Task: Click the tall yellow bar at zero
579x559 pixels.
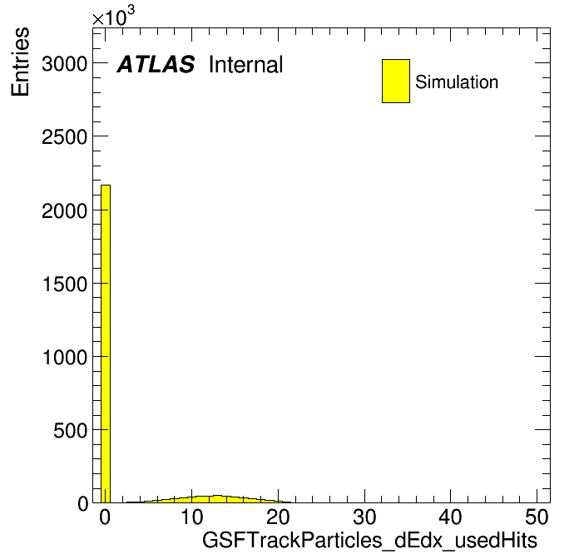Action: click(x=106, y=344)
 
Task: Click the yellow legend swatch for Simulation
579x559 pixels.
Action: click(x=396, y=81)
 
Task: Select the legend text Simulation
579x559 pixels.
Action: click(x=457, y=82)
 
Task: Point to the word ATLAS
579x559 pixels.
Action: click(x=156, y=64)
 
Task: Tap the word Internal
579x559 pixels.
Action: click(x=246, y=64)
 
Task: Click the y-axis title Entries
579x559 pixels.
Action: click(x=20, y=62)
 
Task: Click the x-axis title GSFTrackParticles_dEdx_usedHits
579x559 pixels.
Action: click(x=369, y=540)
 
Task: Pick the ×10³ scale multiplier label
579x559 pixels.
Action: click(x=113, y=17)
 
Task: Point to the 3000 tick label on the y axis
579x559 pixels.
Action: click(x=64, y=63)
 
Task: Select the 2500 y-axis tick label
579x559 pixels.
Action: click(x=64, y=137)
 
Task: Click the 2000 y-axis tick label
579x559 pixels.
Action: click(x=64, y=210)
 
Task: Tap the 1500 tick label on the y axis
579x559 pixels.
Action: click(x=65, y=284)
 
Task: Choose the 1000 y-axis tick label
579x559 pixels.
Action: click(x=65, y=357)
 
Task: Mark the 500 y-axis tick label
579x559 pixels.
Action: click(x=70, y=430)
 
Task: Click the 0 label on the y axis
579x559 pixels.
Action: click(x=83, y=503)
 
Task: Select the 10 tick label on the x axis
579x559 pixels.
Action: click(x=191, y=517)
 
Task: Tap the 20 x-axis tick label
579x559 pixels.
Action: click(x=278, y=517)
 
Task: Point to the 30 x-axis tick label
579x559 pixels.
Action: click(x=364, y=517)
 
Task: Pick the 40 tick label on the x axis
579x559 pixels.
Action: click(x=451, y=517)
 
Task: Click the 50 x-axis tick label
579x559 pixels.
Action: click(x=537, y=517)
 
